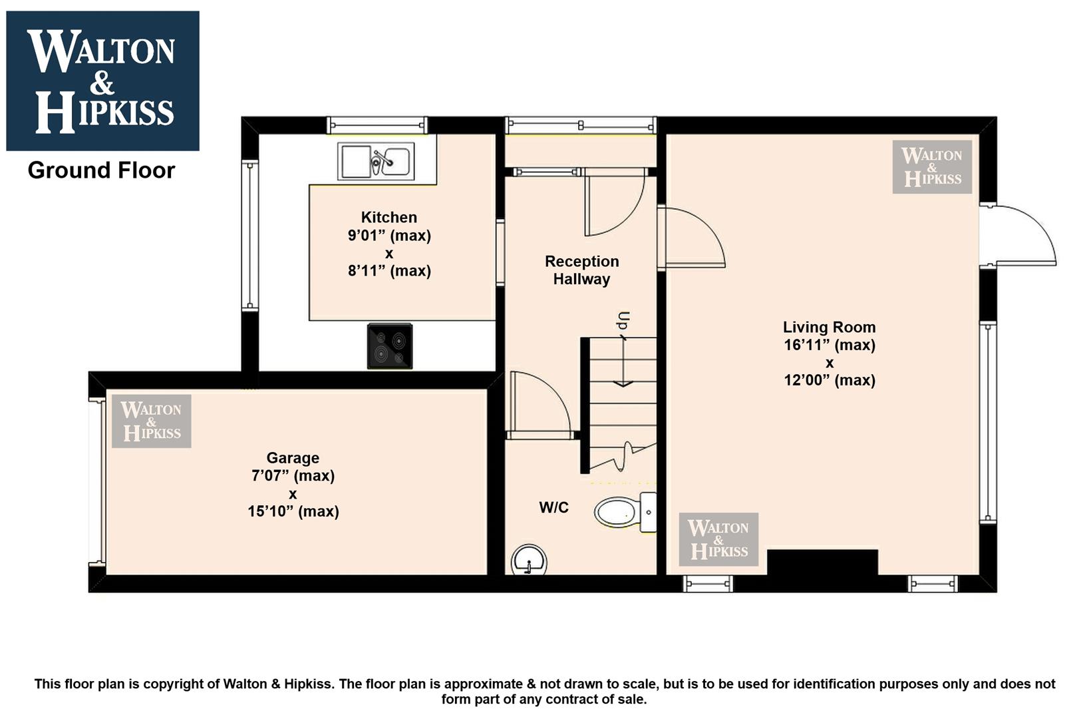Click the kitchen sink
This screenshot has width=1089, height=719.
pyautogui.click(x=376, y=162)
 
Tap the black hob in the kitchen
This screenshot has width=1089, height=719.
pyautogui.click(x=390, y=346)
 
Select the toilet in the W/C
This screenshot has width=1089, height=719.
pyautogui.click(x=625, y=512)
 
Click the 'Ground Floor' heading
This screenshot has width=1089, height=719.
pyautogui.click(x=101, y=170)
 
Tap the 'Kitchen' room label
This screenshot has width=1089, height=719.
pyautogui.click(x=389, y=217)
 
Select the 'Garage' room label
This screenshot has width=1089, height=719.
pyautogui.click(x=293, y=458)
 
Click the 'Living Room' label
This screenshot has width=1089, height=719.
pyautogui.click(x=830, y=327)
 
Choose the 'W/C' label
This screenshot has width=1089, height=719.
pyautogui.click(x=553, y=507)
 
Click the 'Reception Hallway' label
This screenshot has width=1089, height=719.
pyautogui.click(x=582, y=270)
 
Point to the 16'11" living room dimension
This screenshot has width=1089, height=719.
pyautogui.click(x=830, y=345)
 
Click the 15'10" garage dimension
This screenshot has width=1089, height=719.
pyautogui.click(x=293, y=511)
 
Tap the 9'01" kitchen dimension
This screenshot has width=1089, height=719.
pyautogui.click(x=389, y=236)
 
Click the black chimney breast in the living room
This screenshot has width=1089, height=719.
pyautogui.click(x=823, y=563)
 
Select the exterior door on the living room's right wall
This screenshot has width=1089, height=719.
pyautogui.click(x=1017, y=236)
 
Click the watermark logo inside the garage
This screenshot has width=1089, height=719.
pyautogui.click(x=151, y=421)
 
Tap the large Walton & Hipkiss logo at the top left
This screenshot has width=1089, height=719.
pyautogui.click(x=102, y=81)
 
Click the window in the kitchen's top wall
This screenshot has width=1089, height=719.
pyautogui.click(x=377, y=125)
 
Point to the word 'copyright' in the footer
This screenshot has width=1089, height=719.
pyautogui.click(x=177, y=684)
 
